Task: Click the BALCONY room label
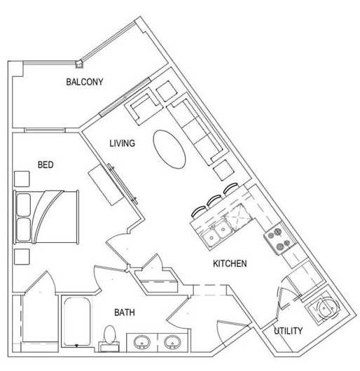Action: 85,82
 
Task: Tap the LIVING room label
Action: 122,143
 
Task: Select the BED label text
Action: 46,164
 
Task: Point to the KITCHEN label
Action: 230,264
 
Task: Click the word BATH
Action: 125,313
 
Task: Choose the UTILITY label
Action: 288,331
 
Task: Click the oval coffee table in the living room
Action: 169,149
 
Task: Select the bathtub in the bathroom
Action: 77,322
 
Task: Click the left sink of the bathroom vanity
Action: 142,342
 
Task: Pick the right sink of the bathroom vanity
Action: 172,342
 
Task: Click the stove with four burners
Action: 280,238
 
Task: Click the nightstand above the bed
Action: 22,179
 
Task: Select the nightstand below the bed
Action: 22,256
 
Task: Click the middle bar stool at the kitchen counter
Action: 214,200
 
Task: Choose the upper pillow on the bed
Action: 24,205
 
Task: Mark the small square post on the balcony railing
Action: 80,64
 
